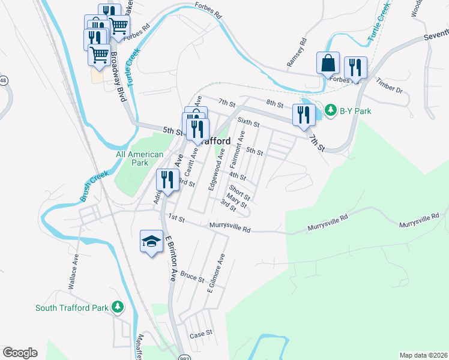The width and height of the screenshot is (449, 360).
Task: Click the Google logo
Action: point(20,353)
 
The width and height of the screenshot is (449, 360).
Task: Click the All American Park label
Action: point(139,158)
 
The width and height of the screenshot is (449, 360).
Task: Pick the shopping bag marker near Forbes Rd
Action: point(328,62)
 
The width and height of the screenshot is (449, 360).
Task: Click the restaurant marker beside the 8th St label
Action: point(304,114)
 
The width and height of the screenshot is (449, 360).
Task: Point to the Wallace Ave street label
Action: point(73,272)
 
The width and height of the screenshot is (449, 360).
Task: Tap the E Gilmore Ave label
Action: point(215,274)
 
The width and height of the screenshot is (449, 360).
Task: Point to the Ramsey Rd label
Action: point(297,52)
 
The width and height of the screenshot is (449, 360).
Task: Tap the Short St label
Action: point(239,193)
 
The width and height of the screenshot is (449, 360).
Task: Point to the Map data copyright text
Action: point(423,355)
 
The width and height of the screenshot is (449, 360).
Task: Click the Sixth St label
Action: point(248,122)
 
